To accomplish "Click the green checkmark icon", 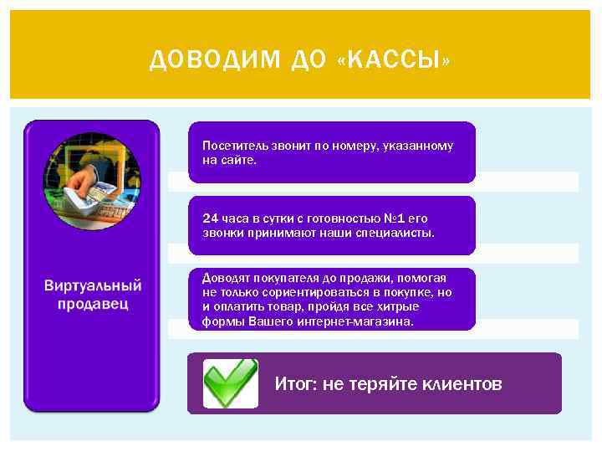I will [x=230, y=383].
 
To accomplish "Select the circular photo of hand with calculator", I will [x=91, y=182].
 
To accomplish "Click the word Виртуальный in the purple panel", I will [x=93, y=286].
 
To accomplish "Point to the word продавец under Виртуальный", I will [x=93, y=303].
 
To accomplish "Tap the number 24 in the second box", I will [x=209, y=218].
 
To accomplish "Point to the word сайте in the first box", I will [x=238, y=159].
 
